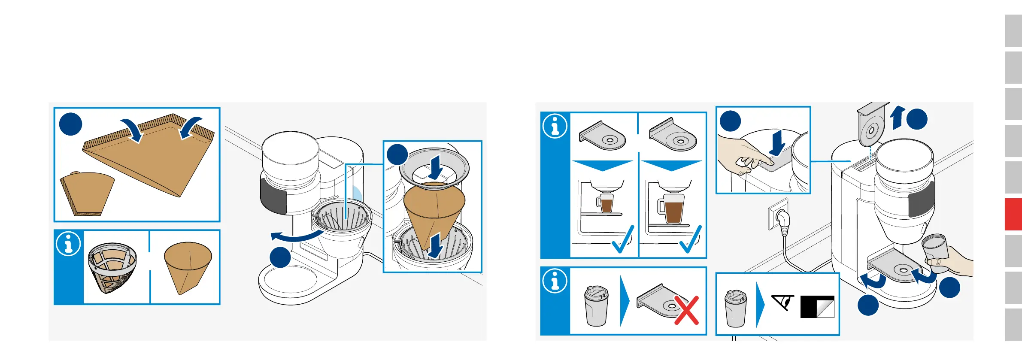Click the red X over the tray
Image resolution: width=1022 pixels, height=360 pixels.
pyautogui.click(x=686, y=310)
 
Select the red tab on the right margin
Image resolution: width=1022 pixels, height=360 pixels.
pyautogui.click(x=1013, y=214)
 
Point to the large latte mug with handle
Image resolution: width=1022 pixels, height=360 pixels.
pyautogui.click(x=672, y=209)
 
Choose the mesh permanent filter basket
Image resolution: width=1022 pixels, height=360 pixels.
pyautogui.click(x=112, y=267)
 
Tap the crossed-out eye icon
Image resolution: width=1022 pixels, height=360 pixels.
pyautogui.click(x=783, y=303)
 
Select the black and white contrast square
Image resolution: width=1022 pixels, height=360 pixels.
pyautogui.click(x=817, y=307)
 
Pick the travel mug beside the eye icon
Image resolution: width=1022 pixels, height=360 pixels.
pyautogui.click(x=736, y=309)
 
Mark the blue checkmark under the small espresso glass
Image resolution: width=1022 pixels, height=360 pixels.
pyautogui.click(x=622, y=240)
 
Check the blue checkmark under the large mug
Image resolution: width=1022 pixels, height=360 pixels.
pyautogui.click(x=691, y=240)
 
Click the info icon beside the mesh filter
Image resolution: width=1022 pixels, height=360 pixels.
pyautogui.click(x=68, y=244)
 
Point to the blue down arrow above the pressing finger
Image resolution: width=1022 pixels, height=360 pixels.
pyautogui.click(x=777, y=143)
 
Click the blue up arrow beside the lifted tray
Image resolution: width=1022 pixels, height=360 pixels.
pyautogui.click(x=897, y=118)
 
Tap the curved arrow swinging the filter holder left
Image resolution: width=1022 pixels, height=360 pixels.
pyautogui.click(x=296, y=236)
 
